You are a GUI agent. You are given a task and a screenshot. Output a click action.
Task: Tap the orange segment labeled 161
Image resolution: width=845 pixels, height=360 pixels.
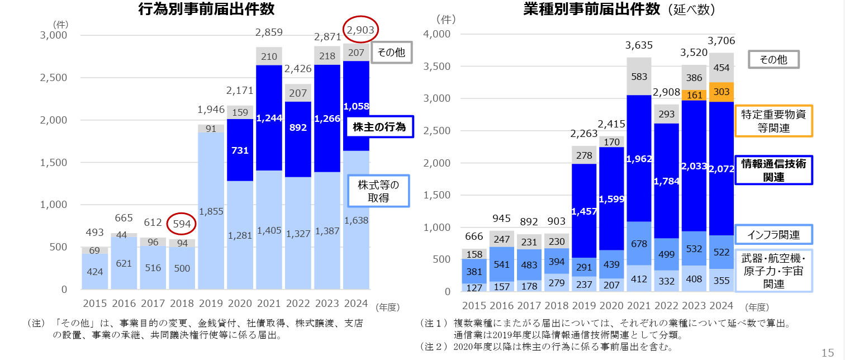click(694, 95)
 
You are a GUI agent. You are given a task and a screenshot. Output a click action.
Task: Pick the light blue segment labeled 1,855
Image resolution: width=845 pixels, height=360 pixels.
click(212, 211)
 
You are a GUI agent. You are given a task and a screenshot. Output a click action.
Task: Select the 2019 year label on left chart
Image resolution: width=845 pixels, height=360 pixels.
click(211, 304)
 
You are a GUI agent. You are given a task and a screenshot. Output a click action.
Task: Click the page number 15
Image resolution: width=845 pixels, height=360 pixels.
click(828, 352)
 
